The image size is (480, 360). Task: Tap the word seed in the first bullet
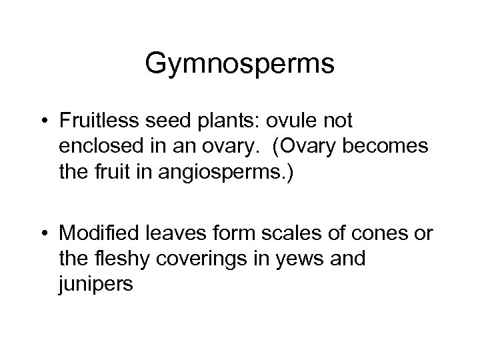click(184, 122)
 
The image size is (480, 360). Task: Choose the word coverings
click(206, 259)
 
